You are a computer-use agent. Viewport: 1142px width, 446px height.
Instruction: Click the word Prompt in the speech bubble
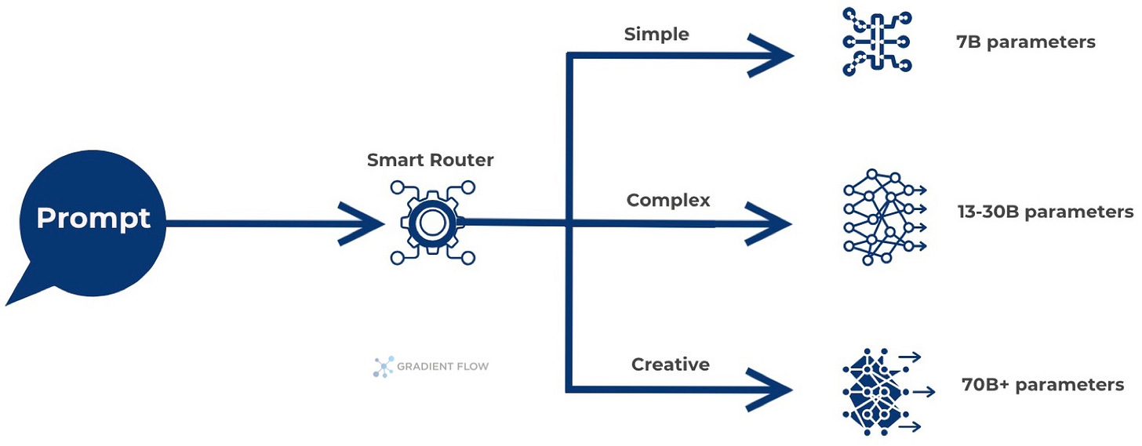[x=93, y=218]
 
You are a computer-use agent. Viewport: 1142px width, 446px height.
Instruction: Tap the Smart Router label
[x=430, y=161]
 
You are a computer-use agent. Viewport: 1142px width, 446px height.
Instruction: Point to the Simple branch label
[x=656, y=34]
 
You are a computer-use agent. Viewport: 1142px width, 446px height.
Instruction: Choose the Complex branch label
[x=668, y=201]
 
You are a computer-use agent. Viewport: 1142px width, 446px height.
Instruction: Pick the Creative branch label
[x=670, y=364]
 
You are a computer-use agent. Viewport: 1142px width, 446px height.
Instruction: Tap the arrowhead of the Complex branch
[x=769, y=223]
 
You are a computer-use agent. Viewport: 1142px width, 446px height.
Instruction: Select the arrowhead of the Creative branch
[x=769, y=388]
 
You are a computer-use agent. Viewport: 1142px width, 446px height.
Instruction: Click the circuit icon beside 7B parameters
[x=875, y=42]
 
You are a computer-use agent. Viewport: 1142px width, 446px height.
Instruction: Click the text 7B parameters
[x=1025, y=42]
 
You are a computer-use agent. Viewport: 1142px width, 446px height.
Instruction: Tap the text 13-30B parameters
[x=1045, y=212]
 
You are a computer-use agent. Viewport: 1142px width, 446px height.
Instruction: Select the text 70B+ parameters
[x=1042, y=385]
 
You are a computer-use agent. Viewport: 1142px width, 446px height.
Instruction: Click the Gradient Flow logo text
[x=442, y=366]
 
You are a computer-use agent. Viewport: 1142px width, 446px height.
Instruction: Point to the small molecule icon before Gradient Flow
[x=383, y=366]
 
